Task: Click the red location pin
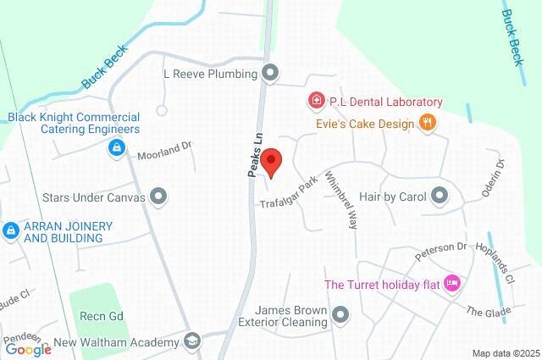271,162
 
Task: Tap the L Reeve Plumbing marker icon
270,74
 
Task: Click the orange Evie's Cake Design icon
429,124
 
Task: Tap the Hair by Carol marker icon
439,196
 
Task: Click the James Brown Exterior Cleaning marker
341,316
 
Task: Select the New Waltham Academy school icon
193,342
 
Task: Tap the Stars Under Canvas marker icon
158,197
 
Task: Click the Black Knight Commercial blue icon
113,148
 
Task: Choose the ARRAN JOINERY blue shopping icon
10,230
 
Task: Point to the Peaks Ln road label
252,152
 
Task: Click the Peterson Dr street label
441,252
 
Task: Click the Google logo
28,349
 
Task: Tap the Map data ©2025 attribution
506,353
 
